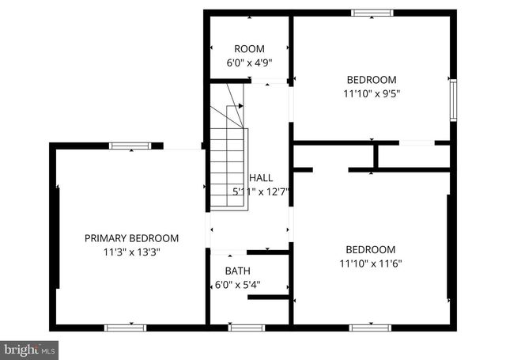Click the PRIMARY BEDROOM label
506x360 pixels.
tap(132, 237)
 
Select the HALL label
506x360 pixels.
tap(262, 178)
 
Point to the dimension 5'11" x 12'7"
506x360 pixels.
tap(262, 191)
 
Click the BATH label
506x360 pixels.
tap(237, 271)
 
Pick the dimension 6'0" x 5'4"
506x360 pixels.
tap(238, 284)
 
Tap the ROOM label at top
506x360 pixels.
tap(249, 49)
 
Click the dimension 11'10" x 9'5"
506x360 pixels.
tap(371, 93)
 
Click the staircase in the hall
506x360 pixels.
tap(228, 158)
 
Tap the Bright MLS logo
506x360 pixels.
tap(29, 348)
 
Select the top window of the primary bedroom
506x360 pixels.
tap(126, 146)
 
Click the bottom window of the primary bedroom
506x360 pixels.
tap(126, 327)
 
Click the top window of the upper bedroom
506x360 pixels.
tap(372, 13)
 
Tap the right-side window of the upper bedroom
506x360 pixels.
tap(453, 99)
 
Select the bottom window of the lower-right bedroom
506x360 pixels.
tap(370, 327)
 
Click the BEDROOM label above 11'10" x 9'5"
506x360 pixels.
tap(371, 79)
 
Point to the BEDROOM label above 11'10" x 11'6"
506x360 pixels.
tap(371, 249)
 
